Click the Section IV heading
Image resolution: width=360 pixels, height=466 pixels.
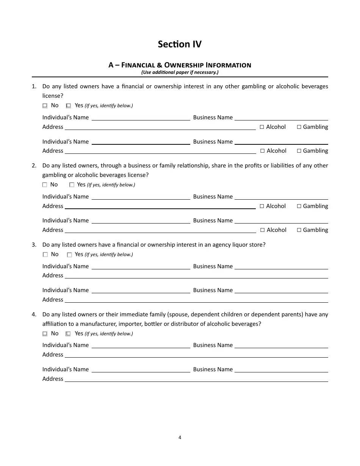pos(180,44)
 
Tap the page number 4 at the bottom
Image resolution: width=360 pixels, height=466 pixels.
pos(180,437)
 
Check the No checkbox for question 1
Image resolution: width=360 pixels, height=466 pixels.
pos(45,106)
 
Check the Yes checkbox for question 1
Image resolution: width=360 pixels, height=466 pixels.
pos(69,106)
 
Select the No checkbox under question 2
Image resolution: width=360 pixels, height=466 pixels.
pos(45,185)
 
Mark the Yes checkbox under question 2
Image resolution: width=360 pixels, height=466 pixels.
pos(72,185)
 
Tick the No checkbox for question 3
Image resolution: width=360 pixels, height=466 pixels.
pos(45,255)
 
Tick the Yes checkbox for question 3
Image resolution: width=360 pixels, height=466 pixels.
pos(69,255)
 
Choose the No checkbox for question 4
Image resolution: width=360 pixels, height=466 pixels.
pos(45,334)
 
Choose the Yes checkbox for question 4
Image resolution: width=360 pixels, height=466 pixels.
pos(68,334)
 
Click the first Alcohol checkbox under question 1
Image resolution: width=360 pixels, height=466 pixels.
pos(262,127)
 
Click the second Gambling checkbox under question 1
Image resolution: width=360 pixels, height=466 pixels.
pos(299,151)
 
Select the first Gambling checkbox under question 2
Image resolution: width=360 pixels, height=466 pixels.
pos(299,206)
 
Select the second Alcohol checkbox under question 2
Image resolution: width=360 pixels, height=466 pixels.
pos(262,230)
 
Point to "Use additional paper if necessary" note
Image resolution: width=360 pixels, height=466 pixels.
pos(180,72)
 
